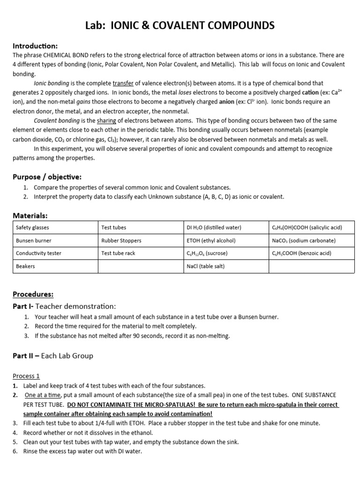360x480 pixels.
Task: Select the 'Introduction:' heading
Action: coord(35,46)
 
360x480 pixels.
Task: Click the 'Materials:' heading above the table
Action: coord(30,215)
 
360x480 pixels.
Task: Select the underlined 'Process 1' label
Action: coord(26,376)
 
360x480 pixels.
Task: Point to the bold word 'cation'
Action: coord(302,92)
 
